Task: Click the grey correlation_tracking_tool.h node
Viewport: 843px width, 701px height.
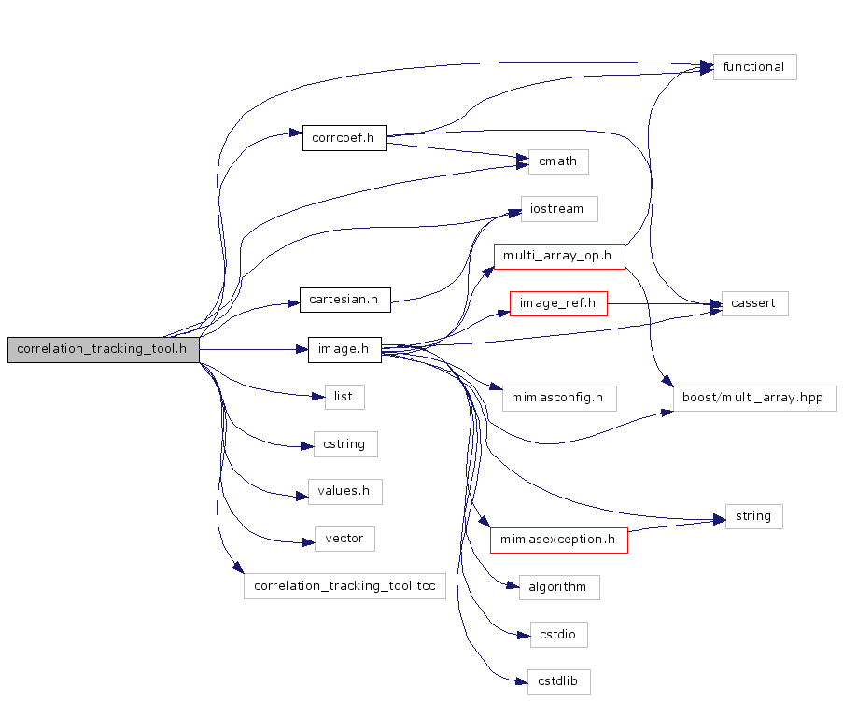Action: pyautogui.click(x=104, y=350)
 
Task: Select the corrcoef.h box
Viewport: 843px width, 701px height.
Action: pyautogui.click(x=344, y=138)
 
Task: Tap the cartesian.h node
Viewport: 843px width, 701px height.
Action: pyautogui.click(x=344, y=300)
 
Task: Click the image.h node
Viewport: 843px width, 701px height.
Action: pyautogui.click(x=344, y=350)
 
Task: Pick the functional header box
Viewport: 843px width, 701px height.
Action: pyautogui.click(x=754, y=67)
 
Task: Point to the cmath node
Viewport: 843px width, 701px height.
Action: pyautogui.click(x=558, y=161)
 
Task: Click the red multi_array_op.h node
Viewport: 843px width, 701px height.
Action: pyautogui.click(x=558, y=255)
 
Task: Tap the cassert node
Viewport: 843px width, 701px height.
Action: pyautogui.click(x=754, y=303)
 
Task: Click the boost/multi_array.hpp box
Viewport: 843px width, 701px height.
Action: pyautogui.click(x=754, y=399)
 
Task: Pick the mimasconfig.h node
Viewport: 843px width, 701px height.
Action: pyautogui.click(x=558, y=399)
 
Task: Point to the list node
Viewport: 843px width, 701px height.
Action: pyautogui.click(x=344, y=397)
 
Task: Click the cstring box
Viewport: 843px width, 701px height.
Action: pyautogui.click(x=344, y=443)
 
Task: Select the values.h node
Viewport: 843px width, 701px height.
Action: pyautogui.click(x=344, y=491)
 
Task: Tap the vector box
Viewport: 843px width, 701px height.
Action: pyautogui.click(x=344, y=539)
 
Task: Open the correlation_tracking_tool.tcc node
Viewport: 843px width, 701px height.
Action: pyautogui.click(x=344, y=586)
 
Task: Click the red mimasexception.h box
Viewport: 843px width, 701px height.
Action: pyautogui.click(x=558, y=540)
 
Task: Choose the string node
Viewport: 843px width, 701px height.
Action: pyautogui.click(x=753, y=516)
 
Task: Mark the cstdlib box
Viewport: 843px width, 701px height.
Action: pyautogui.click(x=558, y=681)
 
